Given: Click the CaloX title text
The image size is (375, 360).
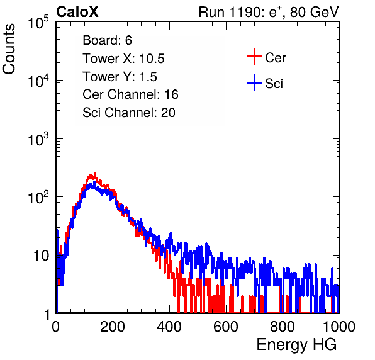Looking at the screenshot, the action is [77, 12].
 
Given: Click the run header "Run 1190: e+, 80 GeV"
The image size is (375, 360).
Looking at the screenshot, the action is [269, 12].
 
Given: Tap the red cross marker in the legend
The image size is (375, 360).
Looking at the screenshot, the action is [254, 57].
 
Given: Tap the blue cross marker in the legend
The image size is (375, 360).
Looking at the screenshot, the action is [254, 83].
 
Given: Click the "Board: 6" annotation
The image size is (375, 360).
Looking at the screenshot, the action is [107, 40].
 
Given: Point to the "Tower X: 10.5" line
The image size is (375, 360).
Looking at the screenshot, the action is [123, 59].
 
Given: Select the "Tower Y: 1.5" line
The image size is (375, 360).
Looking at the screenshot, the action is [120, 77].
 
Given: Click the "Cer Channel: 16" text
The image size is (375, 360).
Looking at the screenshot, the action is [130, 94].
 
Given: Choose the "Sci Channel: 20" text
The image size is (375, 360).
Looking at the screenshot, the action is [129, 113].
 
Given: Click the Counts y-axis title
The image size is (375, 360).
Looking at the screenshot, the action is [9, 49].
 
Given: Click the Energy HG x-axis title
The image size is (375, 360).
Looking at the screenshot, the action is [296, 344].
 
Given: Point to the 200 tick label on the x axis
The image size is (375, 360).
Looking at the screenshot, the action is [113, 327].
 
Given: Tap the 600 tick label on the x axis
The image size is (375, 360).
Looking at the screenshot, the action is [226, 327].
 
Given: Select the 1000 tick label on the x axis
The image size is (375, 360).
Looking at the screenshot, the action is [339, 327].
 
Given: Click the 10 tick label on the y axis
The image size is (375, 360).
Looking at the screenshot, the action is [41, 256].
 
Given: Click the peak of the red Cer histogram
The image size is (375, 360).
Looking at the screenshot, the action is [95, 174].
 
